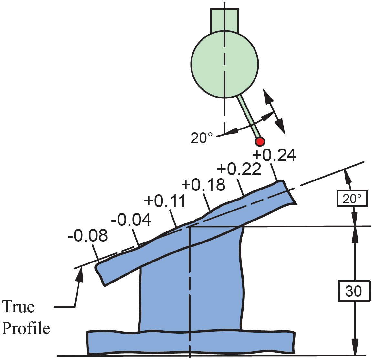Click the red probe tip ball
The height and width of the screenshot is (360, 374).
[260, 141]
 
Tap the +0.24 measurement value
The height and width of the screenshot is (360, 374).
[274, 155]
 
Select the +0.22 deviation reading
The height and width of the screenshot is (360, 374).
[239, 169]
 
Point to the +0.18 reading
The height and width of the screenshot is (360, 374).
[203, 185]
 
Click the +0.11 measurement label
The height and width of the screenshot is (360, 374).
[165, 201]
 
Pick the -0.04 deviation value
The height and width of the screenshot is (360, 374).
[131, 220]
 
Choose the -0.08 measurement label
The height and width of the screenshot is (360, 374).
[88, 236]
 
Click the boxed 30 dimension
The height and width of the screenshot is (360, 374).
[354, 291]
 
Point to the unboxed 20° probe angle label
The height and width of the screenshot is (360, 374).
[202, 138]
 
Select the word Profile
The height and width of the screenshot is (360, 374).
[26, 328]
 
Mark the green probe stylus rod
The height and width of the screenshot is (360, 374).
[249, 116]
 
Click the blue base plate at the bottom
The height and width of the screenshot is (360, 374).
[191, 342]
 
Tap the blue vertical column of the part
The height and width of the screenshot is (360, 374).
[191, 284]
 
